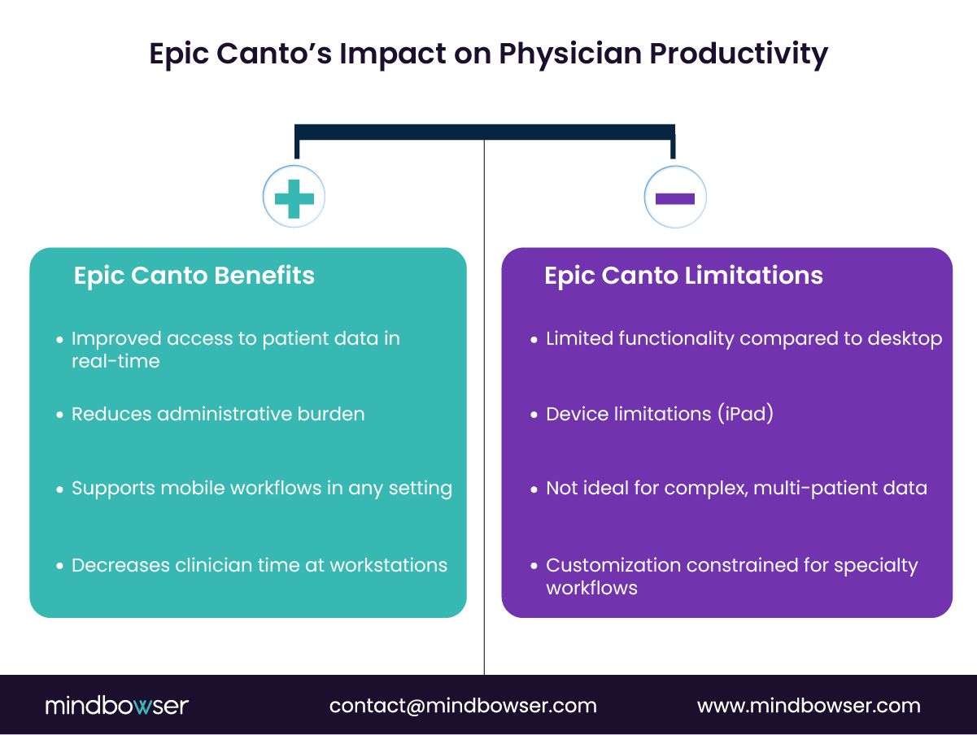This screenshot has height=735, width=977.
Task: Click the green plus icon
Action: [x=294, y=198]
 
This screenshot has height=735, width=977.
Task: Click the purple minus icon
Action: [x=674, y=198]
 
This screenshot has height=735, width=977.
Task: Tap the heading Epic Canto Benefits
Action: [x=194, y=276]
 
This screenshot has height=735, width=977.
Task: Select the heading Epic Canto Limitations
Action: [x=683, y=276]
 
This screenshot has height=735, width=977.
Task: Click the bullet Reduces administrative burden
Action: [x=218, y=414]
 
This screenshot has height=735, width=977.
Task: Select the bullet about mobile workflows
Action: [x=261, y=489]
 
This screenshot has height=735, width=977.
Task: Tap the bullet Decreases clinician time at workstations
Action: [x=259, y=565]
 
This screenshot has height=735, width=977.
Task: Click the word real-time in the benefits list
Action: [x=116, y=361]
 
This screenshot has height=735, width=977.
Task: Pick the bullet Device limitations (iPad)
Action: [x=659, y=414]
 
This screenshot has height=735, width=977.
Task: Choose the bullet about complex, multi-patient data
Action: [x=736, y=489]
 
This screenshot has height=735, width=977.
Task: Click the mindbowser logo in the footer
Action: [x=116, y=705]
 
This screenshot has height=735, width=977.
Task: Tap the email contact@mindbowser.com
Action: [x=463, y=705]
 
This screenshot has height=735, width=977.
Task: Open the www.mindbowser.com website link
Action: [x=809, y=705]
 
